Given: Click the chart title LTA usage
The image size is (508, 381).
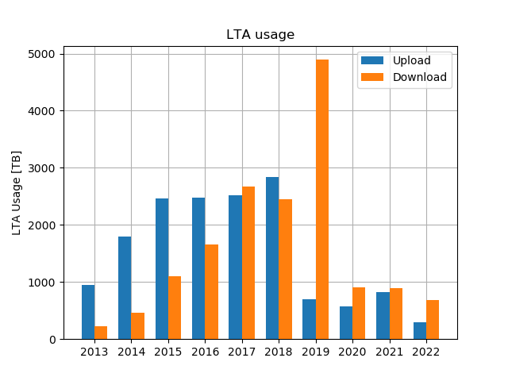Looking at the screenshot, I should coord(260,35).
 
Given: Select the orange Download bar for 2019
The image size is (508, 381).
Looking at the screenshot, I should coord(322,199).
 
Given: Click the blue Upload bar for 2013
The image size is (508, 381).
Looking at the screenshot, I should coord(88,312).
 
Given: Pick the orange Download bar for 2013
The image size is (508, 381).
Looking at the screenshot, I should coord(101,333).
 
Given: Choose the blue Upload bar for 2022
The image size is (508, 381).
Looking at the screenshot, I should coord(420,330).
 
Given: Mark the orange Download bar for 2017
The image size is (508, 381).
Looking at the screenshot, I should coord(248,263).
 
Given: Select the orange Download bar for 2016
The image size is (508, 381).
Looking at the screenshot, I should coord(211,291).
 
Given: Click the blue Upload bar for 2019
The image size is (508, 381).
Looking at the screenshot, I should coord(309,319).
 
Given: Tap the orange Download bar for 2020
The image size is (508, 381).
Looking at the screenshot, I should coord(359,313).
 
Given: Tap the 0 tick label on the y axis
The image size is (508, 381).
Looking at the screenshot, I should coord(52,340).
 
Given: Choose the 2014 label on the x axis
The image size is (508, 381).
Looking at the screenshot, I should coord(131,352).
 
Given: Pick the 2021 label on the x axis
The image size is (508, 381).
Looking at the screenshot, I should coord(389,352).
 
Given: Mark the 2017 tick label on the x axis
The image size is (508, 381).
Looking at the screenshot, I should coord(242,352).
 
